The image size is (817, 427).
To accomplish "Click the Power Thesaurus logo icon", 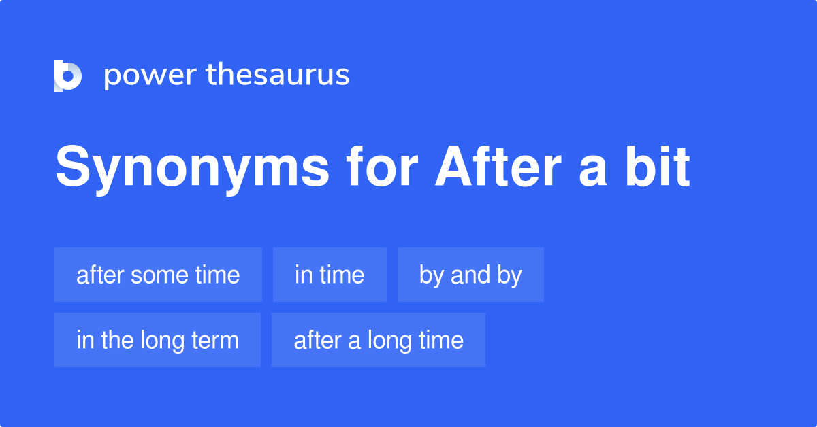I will pyautogui.click(x=68, y=75).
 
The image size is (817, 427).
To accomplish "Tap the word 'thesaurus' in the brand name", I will pyautogui.click(x=278, y=75).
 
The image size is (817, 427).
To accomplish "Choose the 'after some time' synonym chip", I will pyautogui.click(x=158, y=275).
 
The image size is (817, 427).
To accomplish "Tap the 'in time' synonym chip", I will pyautogui.click(x=330, y=275).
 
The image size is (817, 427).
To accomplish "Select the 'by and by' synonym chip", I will pyautogui.click(x=470, y=275).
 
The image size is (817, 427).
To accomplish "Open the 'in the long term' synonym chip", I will pyautogui.click(x=157, y=340).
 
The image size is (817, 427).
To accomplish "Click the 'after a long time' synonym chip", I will pyautogui.click(x=379, y=340).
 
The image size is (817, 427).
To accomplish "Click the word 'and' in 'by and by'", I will pyautogui.click(x=470, y=275).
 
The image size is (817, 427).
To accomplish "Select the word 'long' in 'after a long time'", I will pyautogui.click(x=391, y=341).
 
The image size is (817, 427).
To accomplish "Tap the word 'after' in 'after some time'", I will pyautogui.click(x=100, y=275).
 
